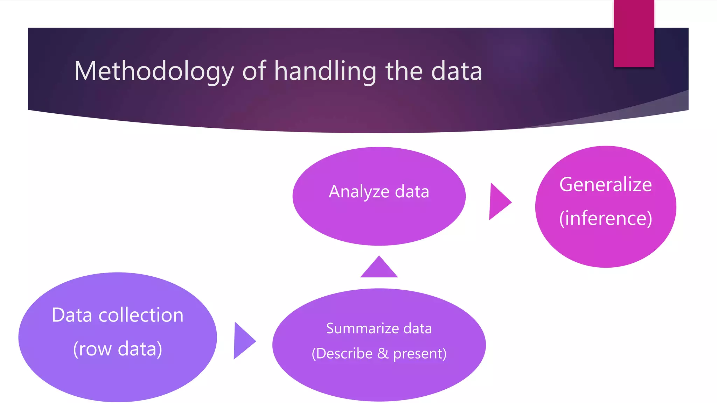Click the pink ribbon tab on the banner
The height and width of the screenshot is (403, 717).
tap(634, 33)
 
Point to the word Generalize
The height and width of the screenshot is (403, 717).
tap(605, 184)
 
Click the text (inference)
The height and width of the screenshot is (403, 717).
tap(605, 218)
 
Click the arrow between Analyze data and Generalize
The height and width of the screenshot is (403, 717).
tap(499, 201)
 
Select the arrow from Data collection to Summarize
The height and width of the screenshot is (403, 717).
tap(243, 341)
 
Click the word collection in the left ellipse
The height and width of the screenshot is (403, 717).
tap(141, 315)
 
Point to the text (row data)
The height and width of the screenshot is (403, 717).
tap(118, 349)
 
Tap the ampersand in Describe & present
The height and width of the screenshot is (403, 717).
tap(383, 353)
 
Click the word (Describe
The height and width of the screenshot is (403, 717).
tap(342, 354)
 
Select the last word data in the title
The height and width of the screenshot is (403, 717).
tap(457, 71)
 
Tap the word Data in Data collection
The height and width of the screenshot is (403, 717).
tap(72, 315)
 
